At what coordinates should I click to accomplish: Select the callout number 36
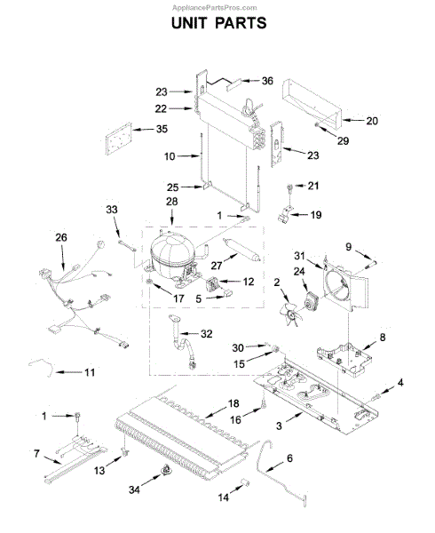click(267, 81)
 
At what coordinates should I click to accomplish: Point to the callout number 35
click(162, 129)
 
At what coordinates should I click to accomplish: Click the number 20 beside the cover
click(372, 121)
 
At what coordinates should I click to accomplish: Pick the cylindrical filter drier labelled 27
click(241, 251)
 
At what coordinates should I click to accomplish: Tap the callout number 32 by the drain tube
click(207, 334)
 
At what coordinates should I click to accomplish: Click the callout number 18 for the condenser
click(233, 403)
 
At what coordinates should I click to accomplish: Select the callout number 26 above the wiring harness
click(61, 237)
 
